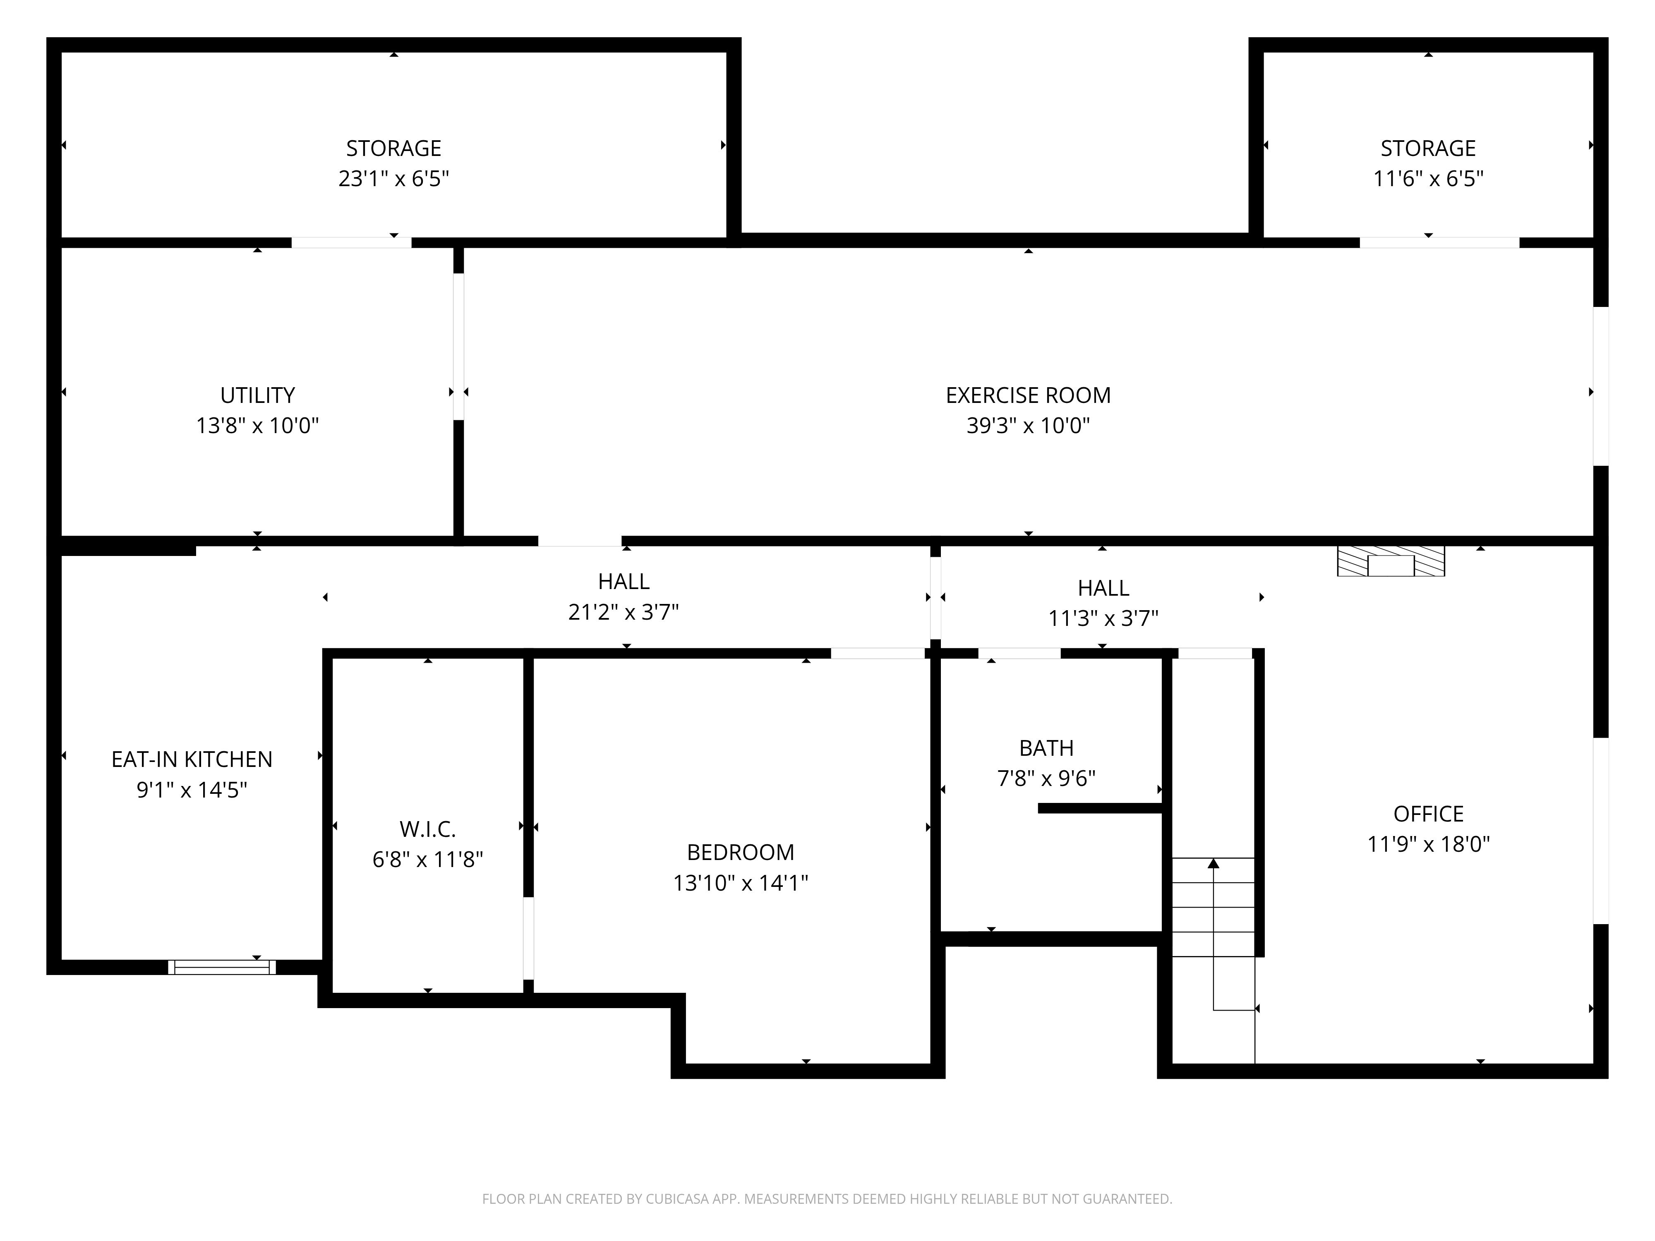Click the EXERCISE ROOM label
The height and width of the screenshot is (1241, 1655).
[1028, 395]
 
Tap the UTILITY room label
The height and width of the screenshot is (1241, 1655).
[257, 395]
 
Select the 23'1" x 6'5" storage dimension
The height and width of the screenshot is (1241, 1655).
[393, 179]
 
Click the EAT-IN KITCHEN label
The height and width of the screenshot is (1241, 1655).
[192, 759]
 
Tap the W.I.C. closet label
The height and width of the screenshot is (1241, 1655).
[428, 829]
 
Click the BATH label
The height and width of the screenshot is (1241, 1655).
[1046, 748]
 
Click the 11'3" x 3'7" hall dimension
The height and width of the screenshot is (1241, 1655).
[1103, 618]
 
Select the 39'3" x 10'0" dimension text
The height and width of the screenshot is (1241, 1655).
[1028, 426]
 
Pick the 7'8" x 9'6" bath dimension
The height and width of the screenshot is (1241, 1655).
[1046, 779]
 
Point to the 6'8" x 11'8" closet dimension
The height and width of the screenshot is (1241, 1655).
[428, 860]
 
